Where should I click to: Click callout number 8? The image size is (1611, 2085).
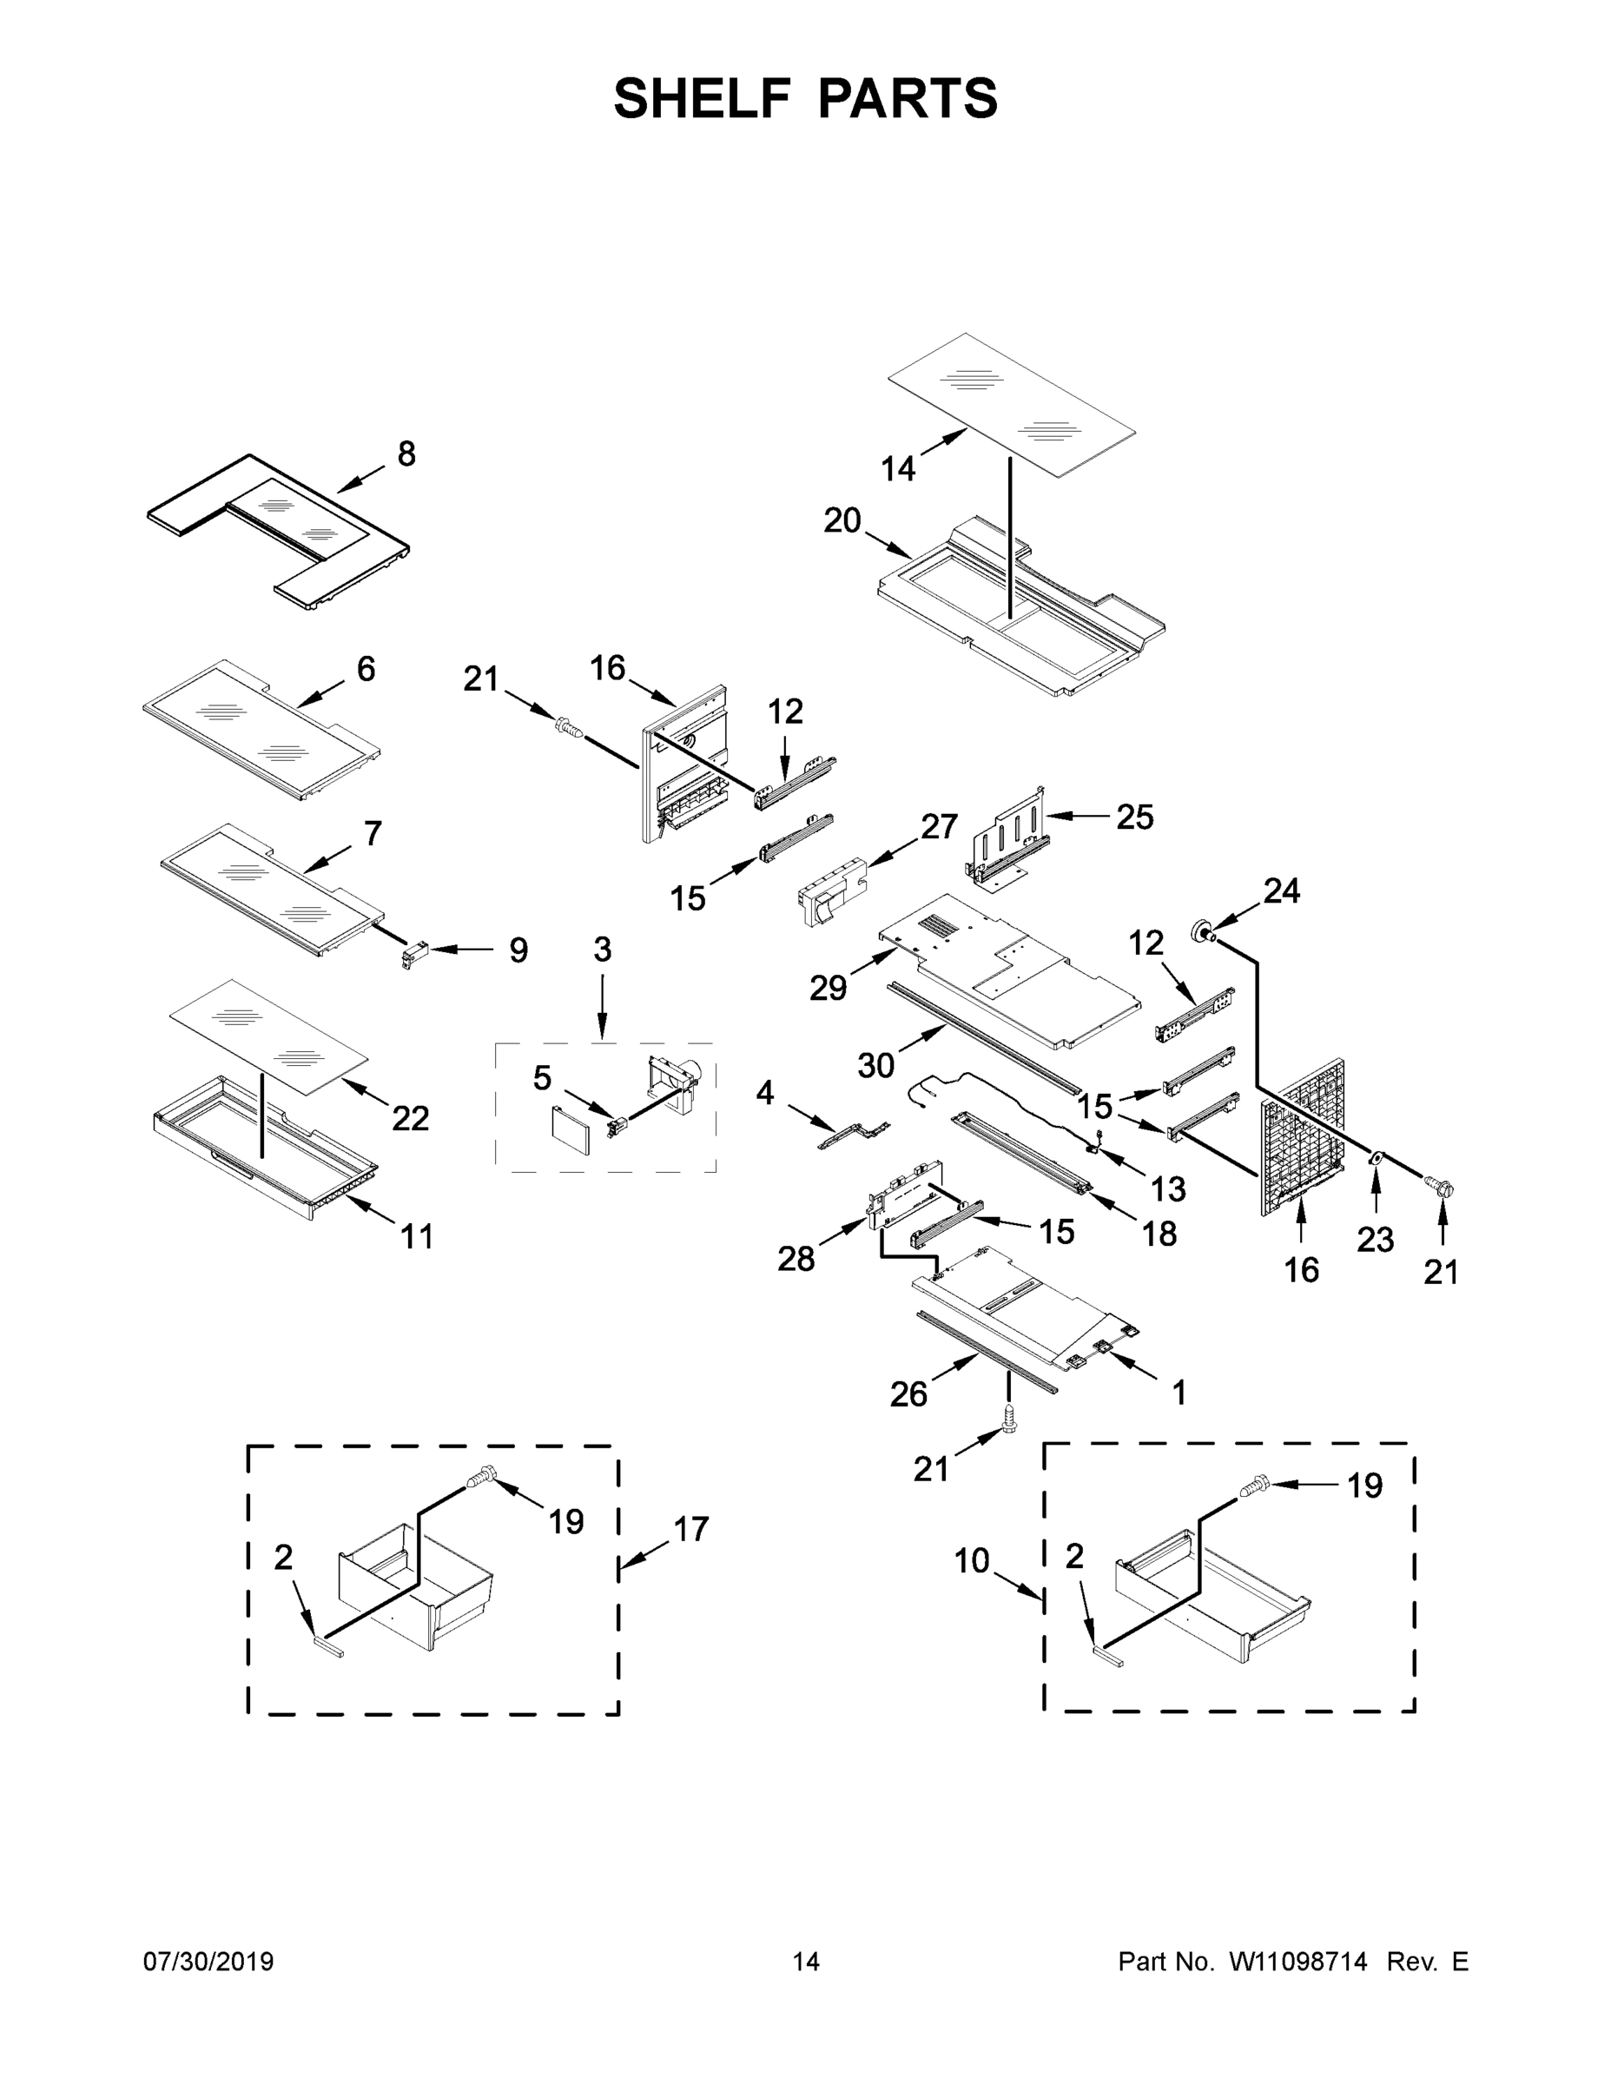pos(406,455)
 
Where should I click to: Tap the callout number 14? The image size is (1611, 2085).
pos(897,469)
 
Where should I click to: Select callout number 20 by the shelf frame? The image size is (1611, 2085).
pos(842,521)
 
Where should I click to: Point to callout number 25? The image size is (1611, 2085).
pos(1135,817)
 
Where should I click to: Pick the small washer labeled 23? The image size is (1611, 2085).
pos(1376,1158)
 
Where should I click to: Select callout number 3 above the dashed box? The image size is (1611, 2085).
pos(602,950)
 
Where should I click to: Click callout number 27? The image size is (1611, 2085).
pos(938,827)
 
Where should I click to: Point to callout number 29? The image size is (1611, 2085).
pos(828,988)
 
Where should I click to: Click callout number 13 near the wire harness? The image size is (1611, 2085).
pos(1167,1188)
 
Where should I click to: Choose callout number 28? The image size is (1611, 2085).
pos(796,1259)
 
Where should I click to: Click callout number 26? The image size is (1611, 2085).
pos(908,1394)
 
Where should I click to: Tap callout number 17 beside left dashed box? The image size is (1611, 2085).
pos(691,1528)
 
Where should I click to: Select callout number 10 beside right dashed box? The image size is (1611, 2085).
pos(972,1561)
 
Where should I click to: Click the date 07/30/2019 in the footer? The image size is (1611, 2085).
pos(208,1961)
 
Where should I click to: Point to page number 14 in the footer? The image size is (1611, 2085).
pos(806,1961)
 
